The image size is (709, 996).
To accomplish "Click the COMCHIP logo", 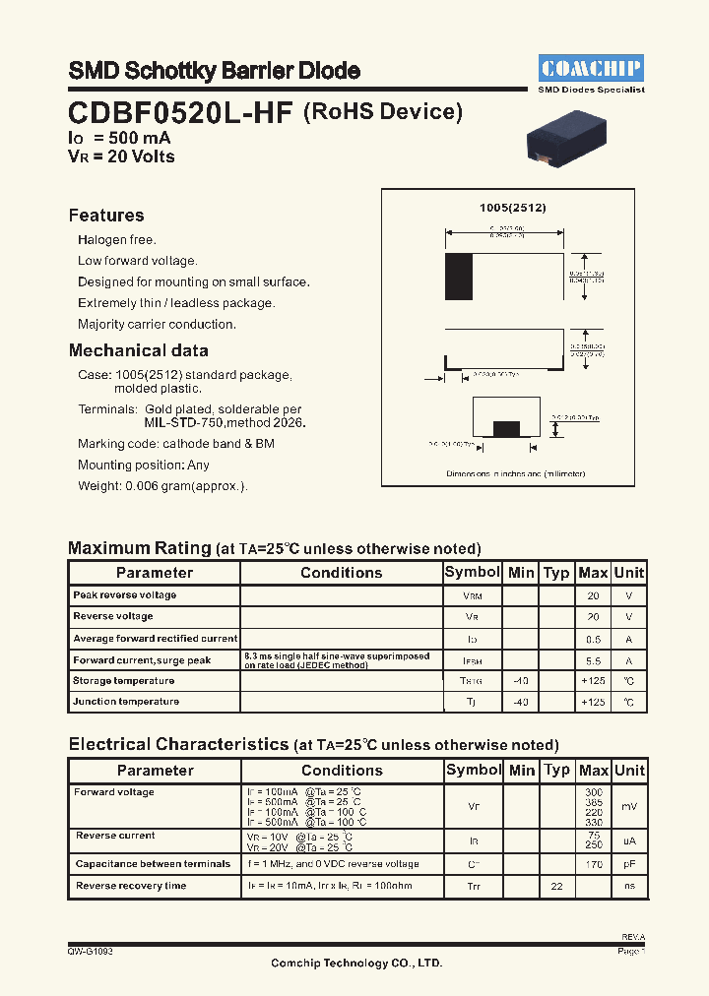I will [x=591, y=68].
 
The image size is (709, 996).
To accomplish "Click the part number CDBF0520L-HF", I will [x=180, y=113].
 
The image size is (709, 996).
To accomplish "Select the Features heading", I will [x=106, y=216].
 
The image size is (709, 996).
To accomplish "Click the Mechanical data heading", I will [x=138, y=350].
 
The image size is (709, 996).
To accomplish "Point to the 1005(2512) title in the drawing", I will [x=512, y=208].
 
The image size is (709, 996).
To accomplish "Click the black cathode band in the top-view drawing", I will [x=458, y=277].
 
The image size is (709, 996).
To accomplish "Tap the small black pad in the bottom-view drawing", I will [x=505, y=428].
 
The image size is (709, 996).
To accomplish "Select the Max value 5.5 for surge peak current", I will [x=593, y=660].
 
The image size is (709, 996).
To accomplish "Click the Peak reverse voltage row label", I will [x=125, y=595].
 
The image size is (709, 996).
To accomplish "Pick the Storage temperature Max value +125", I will [x=593, y=681].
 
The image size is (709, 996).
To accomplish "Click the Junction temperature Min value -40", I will [x=521, y=703].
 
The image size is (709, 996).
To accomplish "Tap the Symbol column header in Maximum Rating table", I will [x=473, y=573].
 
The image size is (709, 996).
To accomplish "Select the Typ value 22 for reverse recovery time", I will [x=556, y=887].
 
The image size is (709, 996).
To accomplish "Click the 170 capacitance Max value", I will [x=593, y=864].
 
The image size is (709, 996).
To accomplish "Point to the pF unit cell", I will [x=628, y=864].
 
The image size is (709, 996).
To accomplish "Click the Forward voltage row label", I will [x=114, y=792].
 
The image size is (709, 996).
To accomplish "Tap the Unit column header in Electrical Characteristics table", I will [x=628, y=771].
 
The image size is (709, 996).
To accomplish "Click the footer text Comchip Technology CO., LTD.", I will [x=356, y=964].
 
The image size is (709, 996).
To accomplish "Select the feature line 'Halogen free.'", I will [x=117, y=240].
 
